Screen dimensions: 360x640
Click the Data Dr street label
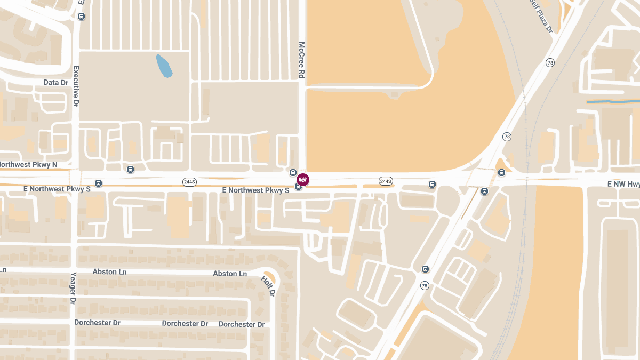pyautogui.click(x=56, y=83)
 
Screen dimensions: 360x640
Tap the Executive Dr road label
pyautogui.click(x=76, y=85)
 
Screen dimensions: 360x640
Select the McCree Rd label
pyautogui.click(x=301, y=60)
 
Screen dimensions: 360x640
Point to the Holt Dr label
pyautogui.click(x=268, y=286)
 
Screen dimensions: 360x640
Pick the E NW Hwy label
pyautogui.click(x=623, y=184)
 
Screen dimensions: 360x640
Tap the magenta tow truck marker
pyautogui.click(x=303, y=180)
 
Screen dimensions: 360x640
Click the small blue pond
pyautogui.click(x=164, y=66)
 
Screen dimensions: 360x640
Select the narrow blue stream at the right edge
pyautogui.click(x=612, y=101)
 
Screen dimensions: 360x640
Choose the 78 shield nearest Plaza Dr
pyautogui.click(x=550, y=63)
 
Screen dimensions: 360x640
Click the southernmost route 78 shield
pyautogui.click(x=424, y=285)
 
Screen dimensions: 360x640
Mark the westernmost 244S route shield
pyautogui.click(x=189, y=182)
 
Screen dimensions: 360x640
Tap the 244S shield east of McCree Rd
pyautogui.click(x=386, y=181)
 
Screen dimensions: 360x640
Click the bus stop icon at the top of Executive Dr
pyautogui.click(x=81, y=16)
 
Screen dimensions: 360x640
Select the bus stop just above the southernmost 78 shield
pyautogui.click(x=425, y=269)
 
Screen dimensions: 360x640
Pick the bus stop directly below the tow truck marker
pyautogui.click(x=299, y=186)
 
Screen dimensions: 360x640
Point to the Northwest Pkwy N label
pyautogui.click(x=29, y=164)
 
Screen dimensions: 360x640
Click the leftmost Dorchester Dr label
pyautogui.click(x=97, y=323)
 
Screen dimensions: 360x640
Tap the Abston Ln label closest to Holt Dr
pyautogui.click(x=230, y=274)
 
